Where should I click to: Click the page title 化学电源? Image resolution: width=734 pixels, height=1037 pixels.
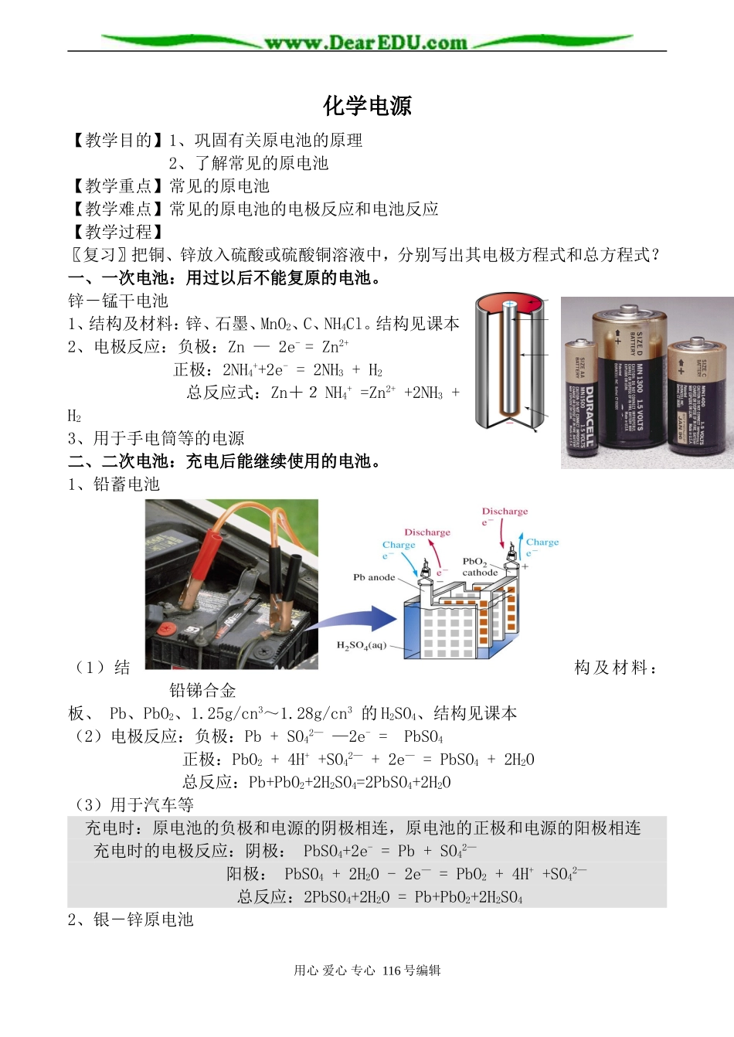pyautogui.click(x=367, y=106)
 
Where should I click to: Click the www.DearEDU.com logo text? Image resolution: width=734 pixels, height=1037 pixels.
pyautogui.click(x=366, y=42)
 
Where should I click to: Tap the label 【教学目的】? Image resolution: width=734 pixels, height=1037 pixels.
pyautogui.click(x=117, y=141)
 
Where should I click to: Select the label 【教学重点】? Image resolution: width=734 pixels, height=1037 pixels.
pyautogui.click(x=117, y=186)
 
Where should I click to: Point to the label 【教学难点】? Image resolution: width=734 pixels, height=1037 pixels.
pyautogui.click(x=117, y=209)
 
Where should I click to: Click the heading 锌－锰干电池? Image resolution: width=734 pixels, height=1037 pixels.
pyautogui.click(x=117, y=301)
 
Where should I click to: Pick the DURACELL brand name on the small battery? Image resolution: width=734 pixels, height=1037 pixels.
pyautogui.click(x=589, y=416)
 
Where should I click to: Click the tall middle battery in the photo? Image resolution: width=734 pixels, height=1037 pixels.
pyautogui.click(x=627, y=379)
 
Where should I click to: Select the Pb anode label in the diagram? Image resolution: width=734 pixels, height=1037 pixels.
pyautogui.click(x=374, y=577)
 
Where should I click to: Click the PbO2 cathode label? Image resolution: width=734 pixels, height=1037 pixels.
pyautogui.click(x=478, y=567)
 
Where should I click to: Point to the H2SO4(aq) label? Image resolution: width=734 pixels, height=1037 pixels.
pyautogui.click(x=361, y=645)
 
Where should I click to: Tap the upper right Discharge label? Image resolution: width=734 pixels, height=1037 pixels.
pyautogui.click(x=505, y=512)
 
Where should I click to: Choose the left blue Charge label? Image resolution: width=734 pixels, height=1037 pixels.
pyautogui.click(x=398, y=545)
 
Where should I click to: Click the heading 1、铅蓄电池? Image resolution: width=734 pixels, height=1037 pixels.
pyautogui.click(x=114, y=484)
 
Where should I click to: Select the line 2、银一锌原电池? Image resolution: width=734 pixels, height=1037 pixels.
pyautogui.click(x=130, y=920)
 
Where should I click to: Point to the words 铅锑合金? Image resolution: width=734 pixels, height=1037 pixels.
pyautogui.click(x=202, y=690)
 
